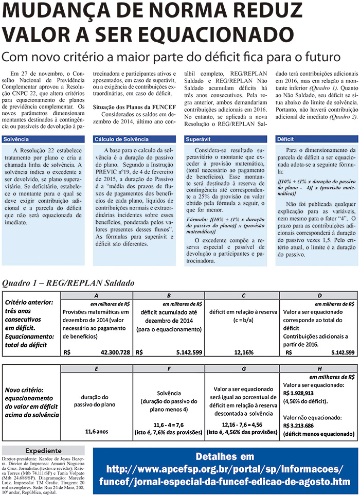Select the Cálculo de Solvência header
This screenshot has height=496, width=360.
click(x=121, y=139)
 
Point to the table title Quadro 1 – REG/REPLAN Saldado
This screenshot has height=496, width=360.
click(x=68, y=283)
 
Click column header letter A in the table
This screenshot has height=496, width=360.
click(x=96, y=296)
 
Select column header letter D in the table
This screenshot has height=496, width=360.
click(x=319, y=296)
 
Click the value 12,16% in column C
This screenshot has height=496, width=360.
click(x=244, y=352)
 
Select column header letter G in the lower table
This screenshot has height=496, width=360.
click(x=244, y=369)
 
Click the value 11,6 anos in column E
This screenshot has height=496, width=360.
click(x=96, y=431)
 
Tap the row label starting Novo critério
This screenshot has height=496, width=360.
click(x=30, y=402)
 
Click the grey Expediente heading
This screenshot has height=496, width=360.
click(x=43, y=451)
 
